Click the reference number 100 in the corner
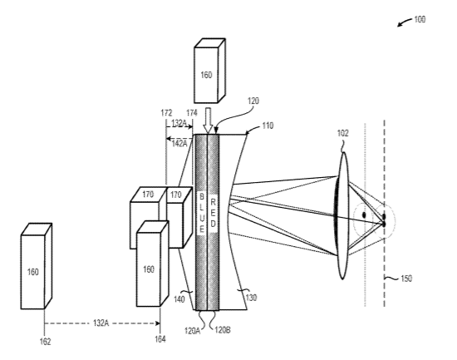pos(420,20)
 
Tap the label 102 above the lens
pos(342,133)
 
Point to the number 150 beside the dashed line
pos(406,279)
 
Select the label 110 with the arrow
pos(268,126)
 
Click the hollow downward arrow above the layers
pos(208,121)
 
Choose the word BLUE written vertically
pos(201,213)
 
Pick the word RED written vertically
pos(213,213)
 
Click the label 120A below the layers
pos(192,331)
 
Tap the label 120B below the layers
pos(223,330)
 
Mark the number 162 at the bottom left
pos(45,342)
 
